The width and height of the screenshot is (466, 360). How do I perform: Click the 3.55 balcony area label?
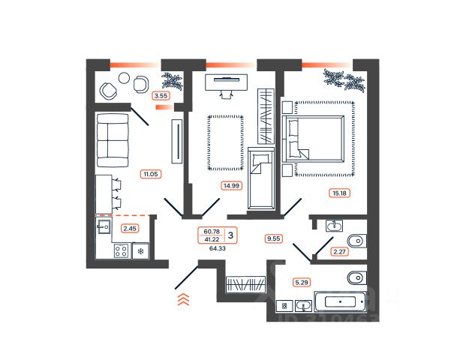[x=160, y=95]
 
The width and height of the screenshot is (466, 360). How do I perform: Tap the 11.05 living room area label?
[x=152, y=174]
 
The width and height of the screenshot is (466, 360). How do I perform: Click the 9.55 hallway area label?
[x=274, y=238]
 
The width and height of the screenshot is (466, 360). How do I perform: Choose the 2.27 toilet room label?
[x=340, y=253]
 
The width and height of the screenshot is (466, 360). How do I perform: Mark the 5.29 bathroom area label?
[x=302, y=282]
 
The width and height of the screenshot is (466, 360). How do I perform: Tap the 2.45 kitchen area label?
[x=130, y=229]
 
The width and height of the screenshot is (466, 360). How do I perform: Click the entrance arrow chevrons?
[x=182, y=301]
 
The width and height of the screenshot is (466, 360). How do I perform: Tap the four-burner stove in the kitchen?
[x=121, y=252]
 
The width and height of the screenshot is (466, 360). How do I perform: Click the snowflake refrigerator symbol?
[x=140, y=252]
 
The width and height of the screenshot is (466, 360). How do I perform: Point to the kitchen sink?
[x=104, y=227]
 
